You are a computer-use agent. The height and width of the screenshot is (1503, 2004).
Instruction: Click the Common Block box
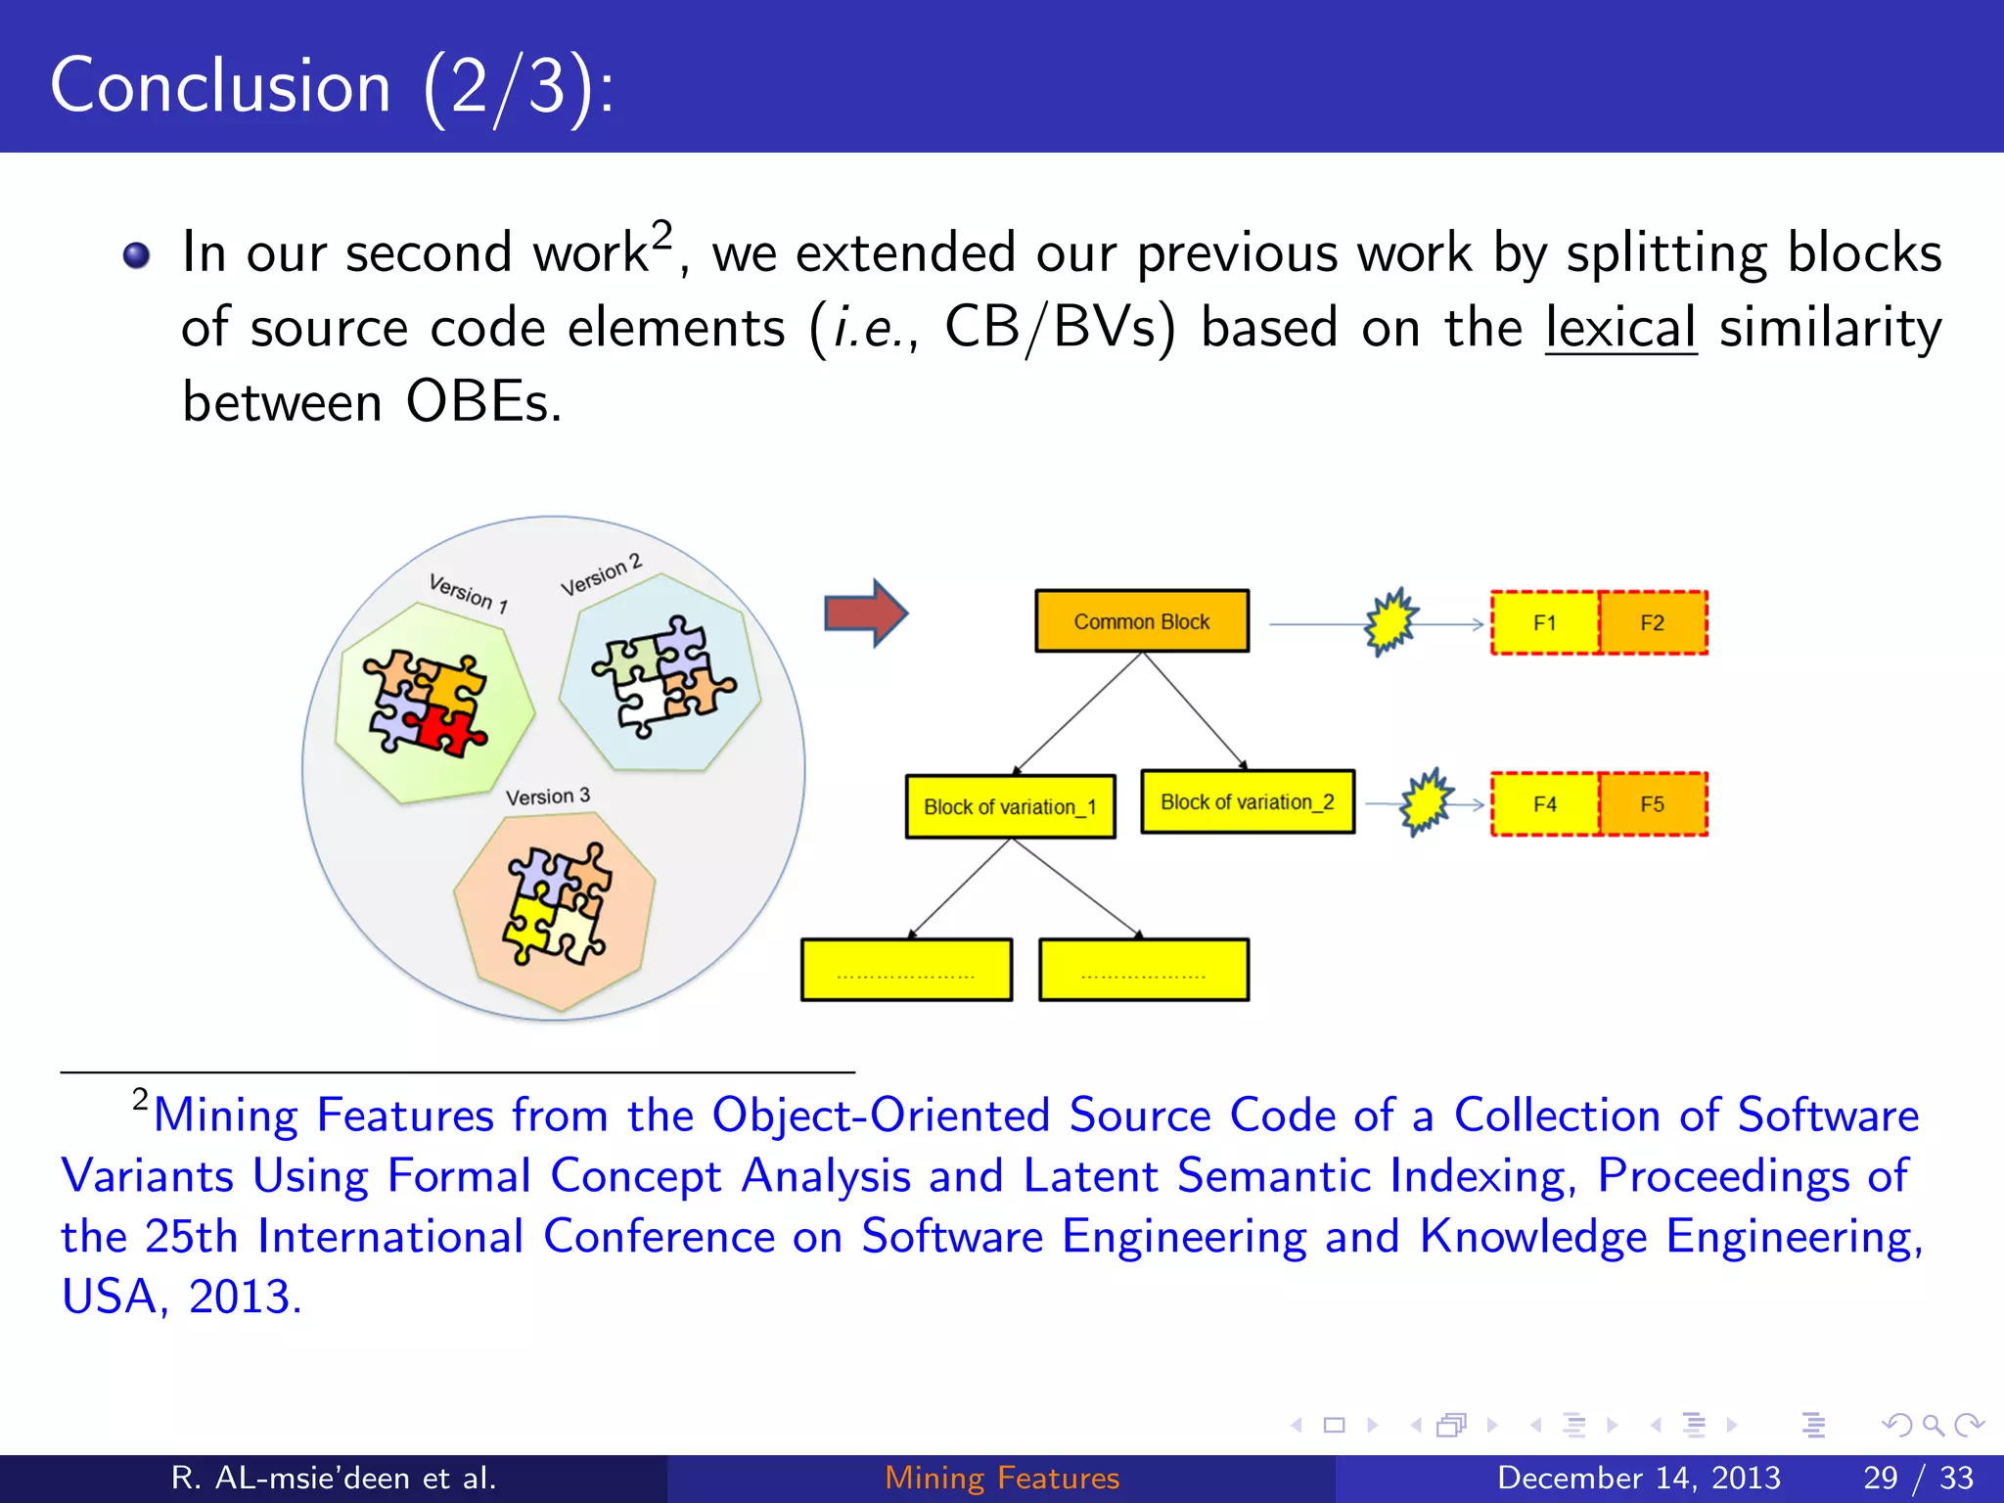[x=1142, y=621]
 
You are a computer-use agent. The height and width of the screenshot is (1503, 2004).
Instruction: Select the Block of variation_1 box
[x=1010, y=806]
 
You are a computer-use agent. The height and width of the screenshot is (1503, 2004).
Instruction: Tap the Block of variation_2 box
[x=1248, y=802]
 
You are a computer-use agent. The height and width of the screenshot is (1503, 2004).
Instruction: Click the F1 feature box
[x=1545, y=622]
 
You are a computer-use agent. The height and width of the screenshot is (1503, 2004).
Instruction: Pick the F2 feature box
[x=1653, y=622]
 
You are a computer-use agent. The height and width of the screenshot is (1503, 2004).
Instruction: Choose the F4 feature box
[x=1545, y=804]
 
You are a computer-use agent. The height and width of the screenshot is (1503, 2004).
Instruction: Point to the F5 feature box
[x=1653, y=804]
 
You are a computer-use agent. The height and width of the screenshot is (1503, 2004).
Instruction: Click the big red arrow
[x=865, y=614]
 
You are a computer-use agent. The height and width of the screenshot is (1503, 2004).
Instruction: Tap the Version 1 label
[x=468, y=593]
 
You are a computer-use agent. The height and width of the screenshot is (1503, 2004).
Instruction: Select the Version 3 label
[x=548, y=797]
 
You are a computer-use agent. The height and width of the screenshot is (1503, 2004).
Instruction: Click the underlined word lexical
[x=1619, y=328]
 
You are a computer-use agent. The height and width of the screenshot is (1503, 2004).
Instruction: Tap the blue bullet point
[x=137, y=255]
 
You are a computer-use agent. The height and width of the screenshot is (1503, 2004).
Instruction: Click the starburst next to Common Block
[x=1389, y=621]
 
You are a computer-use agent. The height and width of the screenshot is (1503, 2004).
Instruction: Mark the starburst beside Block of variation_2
[x=1426, y=801]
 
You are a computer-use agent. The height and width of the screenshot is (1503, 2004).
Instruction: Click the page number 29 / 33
[x=1918, y=1478]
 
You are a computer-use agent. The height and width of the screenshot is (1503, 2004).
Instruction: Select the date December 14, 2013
[x=1639, y=1478]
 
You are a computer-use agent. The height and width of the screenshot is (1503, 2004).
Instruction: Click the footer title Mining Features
[x=1002, y=1478]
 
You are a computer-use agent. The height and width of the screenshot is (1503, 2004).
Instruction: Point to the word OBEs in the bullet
[x=484, y=402]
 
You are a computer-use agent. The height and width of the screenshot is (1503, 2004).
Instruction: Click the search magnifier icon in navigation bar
[x=1933, y=1425]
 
